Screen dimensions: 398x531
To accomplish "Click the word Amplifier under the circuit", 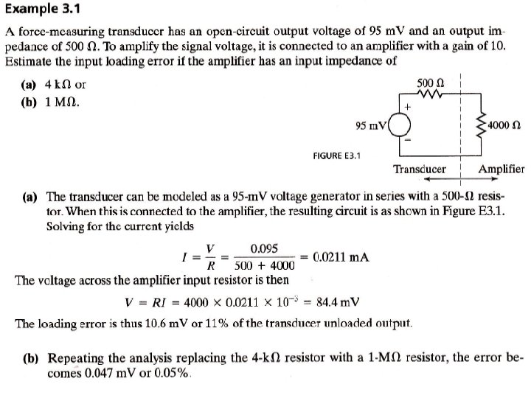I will [x=501, y=169].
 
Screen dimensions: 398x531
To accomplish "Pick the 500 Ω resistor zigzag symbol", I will [x=429, y=94].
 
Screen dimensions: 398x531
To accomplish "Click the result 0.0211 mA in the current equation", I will [x=341, y=257].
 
